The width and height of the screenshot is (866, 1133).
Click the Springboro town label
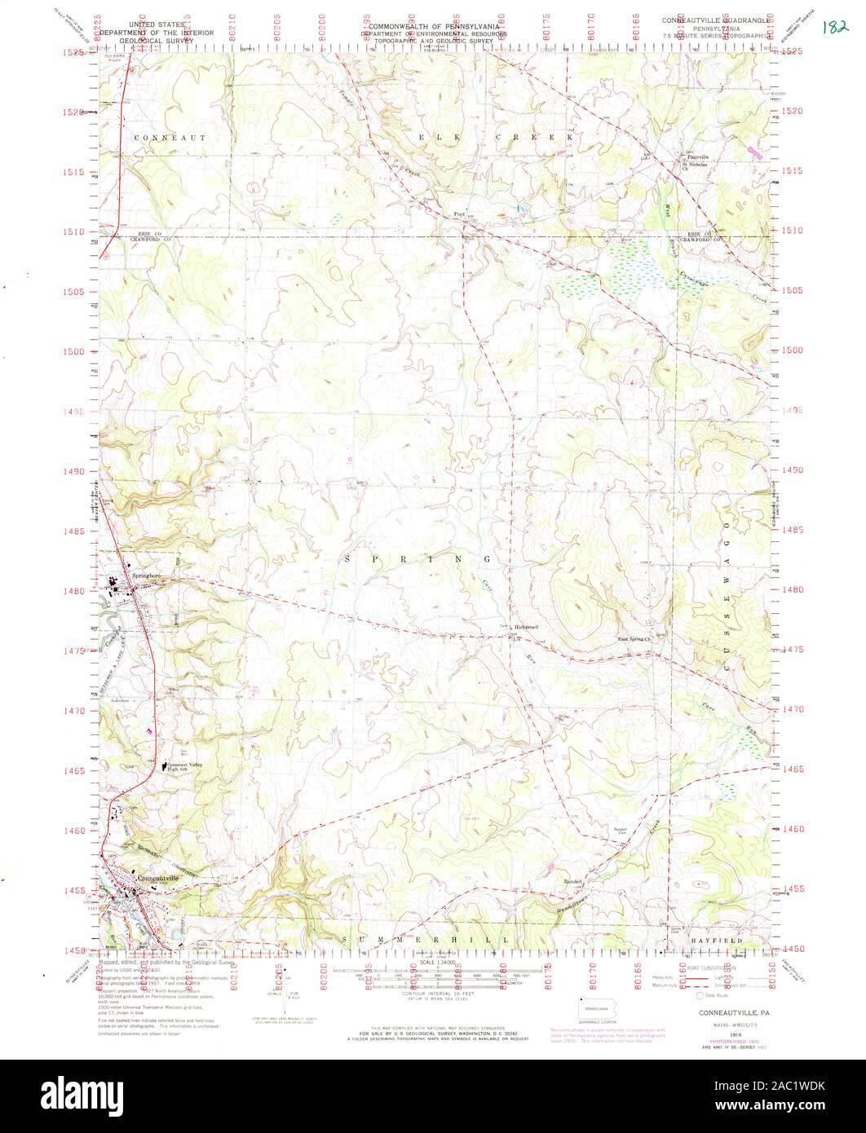coord(139,562)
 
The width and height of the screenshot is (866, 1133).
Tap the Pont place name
coord(459,214)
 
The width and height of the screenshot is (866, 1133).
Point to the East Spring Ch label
coord(636,639)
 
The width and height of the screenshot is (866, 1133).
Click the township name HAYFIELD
coord(718,941)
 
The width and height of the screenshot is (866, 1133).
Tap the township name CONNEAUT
coord(170,138)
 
